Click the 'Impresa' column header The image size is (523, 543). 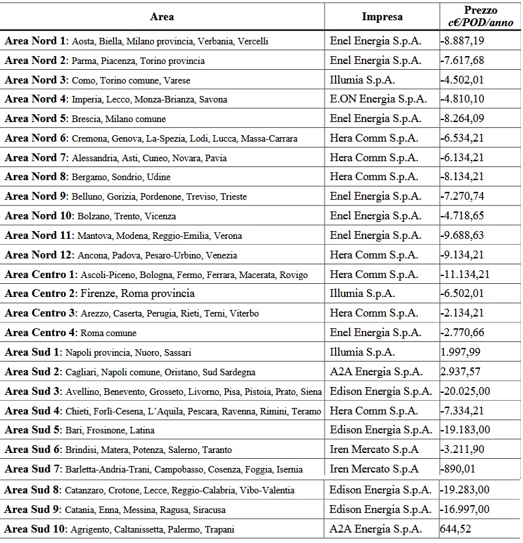(x=382, y=17)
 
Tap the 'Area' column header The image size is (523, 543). (x=162, y=17)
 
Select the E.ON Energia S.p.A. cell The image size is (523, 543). (x=379, y=99)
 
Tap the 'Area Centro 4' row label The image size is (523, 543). (x=41, y=333)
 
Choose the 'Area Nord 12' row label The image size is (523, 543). (x=39, y=255)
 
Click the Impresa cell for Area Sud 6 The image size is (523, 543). (x=373, y=450)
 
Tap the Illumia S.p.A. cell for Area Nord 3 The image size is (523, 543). (x=363, y=80)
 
